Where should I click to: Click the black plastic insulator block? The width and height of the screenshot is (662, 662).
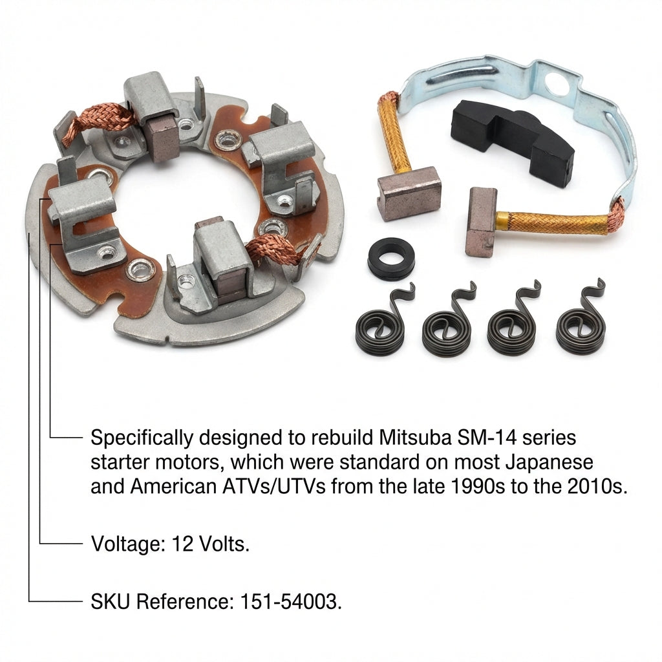[512, 140]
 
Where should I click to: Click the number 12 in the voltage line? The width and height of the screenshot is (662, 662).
[182, 544]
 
